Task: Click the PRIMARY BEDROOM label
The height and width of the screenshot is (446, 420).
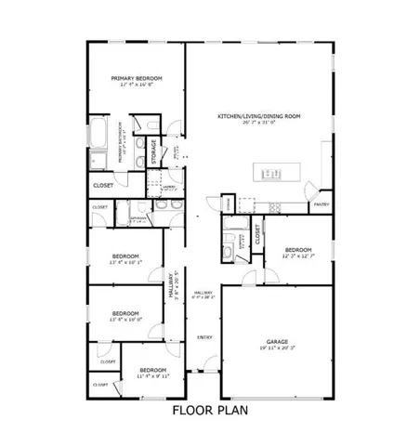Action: (136, 78)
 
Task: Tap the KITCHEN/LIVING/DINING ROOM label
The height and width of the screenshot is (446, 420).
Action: (258, 115)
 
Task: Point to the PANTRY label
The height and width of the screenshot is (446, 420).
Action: (322, 203)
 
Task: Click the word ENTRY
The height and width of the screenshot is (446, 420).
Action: (204, 337)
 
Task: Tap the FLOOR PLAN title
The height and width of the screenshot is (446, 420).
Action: (209, 408)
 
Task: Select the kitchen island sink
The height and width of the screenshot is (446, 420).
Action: (273, 171)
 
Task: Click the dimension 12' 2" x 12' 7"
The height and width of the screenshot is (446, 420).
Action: (298, 256)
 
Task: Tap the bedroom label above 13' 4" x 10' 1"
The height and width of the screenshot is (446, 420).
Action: (125, 256)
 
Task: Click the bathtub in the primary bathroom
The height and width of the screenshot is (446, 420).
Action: (98, 145)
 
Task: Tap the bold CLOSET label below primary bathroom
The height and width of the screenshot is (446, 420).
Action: (103, 186)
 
